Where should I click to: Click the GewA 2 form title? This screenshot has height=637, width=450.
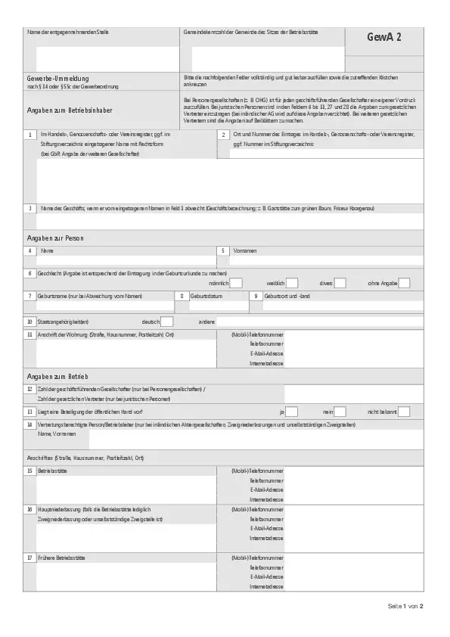(384, 38)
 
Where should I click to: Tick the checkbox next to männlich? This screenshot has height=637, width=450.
(236, 283)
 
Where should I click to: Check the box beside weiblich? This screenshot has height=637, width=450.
(292, 283)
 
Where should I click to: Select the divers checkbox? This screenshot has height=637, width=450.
(340, 283)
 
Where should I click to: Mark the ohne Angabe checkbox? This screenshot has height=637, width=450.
(404, 283)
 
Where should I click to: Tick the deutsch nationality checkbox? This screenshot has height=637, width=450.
(167, 322)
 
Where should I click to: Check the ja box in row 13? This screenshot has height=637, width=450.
(292, 412)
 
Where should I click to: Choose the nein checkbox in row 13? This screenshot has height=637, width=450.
(340, 412)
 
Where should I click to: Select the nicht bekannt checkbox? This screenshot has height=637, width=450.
(404, 412)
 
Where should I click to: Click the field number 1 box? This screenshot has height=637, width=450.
(29, 135)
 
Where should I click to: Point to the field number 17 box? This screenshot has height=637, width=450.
(29, 557)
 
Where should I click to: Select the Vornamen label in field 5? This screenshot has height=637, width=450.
(244, 250)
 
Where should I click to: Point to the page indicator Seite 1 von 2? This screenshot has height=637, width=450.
(405, 606)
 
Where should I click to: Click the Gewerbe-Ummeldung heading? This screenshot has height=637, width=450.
(57, 79)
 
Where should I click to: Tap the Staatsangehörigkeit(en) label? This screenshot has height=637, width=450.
(67, 322)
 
